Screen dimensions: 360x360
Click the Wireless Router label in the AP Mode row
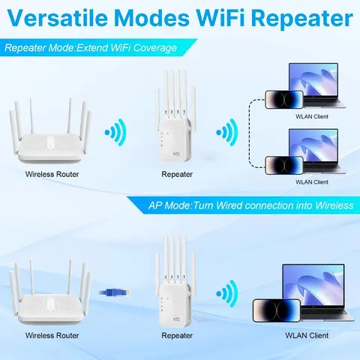click(x=52, y=334)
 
